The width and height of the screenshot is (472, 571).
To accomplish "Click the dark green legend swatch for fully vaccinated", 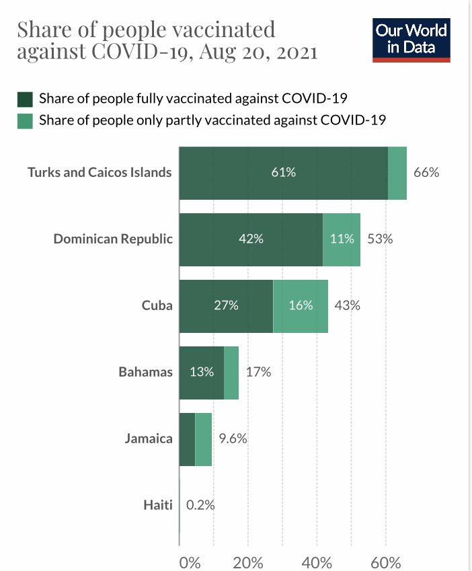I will (25, 100).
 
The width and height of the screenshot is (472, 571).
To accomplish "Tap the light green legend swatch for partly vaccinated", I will (25, 120).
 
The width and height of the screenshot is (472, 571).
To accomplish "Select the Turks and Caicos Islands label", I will (100, 172).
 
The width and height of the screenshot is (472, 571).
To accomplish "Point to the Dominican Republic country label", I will (113, 239).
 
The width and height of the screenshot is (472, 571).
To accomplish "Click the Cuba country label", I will (157, 305).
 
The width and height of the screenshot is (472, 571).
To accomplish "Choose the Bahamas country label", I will (145, 372).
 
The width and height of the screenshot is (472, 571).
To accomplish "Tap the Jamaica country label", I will (149, 439).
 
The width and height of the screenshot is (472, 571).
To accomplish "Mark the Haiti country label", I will (158, 505).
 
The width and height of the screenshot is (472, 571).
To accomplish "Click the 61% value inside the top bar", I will (283, 172).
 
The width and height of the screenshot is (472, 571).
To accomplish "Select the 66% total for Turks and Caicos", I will (426, 172).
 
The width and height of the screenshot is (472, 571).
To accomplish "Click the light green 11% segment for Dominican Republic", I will (342, 239).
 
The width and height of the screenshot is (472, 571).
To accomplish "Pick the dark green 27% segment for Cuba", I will (226, 305).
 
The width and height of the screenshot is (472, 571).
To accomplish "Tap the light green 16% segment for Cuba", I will (301, 305).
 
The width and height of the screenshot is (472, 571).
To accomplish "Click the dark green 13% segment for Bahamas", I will (201, 372).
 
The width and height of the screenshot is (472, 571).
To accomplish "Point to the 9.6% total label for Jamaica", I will (233, 439).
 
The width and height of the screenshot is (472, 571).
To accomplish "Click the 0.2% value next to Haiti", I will (200, 505).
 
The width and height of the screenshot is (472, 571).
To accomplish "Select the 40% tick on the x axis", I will (317, 562).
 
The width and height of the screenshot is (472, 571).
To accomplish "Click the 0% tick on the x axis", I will (190, 562).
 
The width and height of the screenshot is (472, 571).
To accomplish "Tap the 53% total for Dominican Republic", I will (380, 239).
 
